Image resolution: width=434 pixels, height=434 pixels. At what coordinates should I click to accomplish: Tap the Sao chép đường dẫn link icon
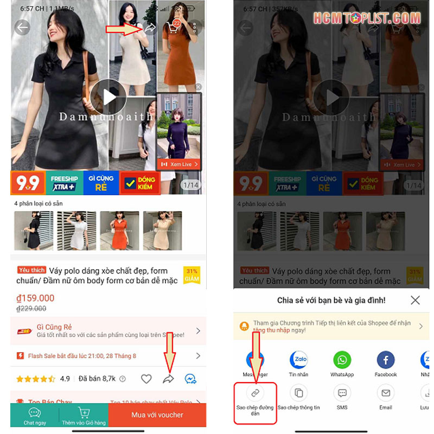[x=256, y=393]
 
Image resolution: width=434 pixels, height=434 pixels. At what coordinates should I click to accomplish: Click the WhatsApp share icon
[x=342, y=360]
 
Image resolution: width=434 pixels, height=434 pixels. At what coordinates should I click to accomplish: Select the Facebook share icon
[x=386, y=360]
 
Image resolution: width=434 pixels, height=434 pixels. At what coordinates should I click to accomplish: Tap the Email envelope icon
[x=386, y=393]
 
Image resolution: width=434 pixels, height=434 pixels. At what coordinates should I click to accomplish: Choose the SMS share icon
[x=342, y=393]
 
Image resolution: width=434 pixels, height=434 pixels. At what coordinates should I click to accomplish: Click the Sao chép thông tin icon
[x=298, y=393]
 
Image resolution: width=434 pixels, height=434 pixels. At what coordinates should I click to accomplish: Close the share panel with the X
[x=415, y=300]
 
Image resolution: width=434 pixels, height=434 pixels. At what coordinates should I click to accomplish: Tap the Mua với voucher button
[x=157, y=415]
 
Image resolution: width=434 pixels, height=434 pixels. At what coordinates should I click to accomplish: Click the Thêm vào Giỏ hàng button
[x=84, y=416]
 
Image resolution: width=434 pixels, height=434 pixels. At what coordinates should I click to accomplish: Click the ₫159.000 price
[x=36, y=298]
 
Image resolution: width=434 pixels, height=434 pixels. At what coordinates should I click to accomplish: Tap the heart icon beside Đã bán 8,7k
[x=146, y=379]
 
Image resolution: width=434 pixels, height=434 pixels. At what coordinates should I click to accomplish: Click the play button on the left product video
[x=108, y=97]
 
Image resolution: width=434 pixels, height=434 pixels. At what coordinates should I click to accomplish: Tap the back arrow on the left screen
[x=22, y=28]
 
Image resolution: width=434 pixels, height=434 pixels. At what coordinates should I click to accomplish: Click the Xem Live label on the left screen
[x=179, y=164]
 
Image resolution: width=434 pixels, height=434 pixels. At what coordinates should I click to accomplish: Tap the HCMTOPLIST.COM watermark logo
[x=367, y=18]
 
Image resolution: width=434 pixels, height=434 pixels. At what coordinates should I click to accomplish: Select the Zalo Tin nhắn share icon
[x=298, y=360]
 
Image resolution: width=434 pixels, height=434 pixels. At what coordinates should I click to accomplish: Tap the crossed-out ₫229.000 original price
[x=31, y=308]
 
